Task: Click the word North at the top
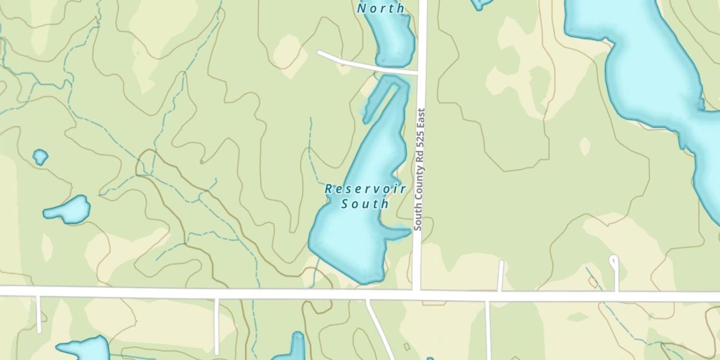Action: (x=381, y=8)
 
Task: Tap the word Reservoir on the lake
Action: (x=365, y=189)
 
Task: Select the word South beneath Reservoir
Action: (x=365, y=204)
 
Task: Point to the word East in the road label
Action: (x=420, y=118)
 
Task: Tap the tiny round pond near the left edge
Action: (x=40, y=156)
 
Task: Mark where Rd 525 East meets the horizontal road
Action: (x=417, y=291)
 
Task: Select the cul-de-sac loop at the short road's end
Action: (x=613, y=261)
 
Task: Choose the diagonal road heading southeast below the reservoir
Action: (x=380, y=328)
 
